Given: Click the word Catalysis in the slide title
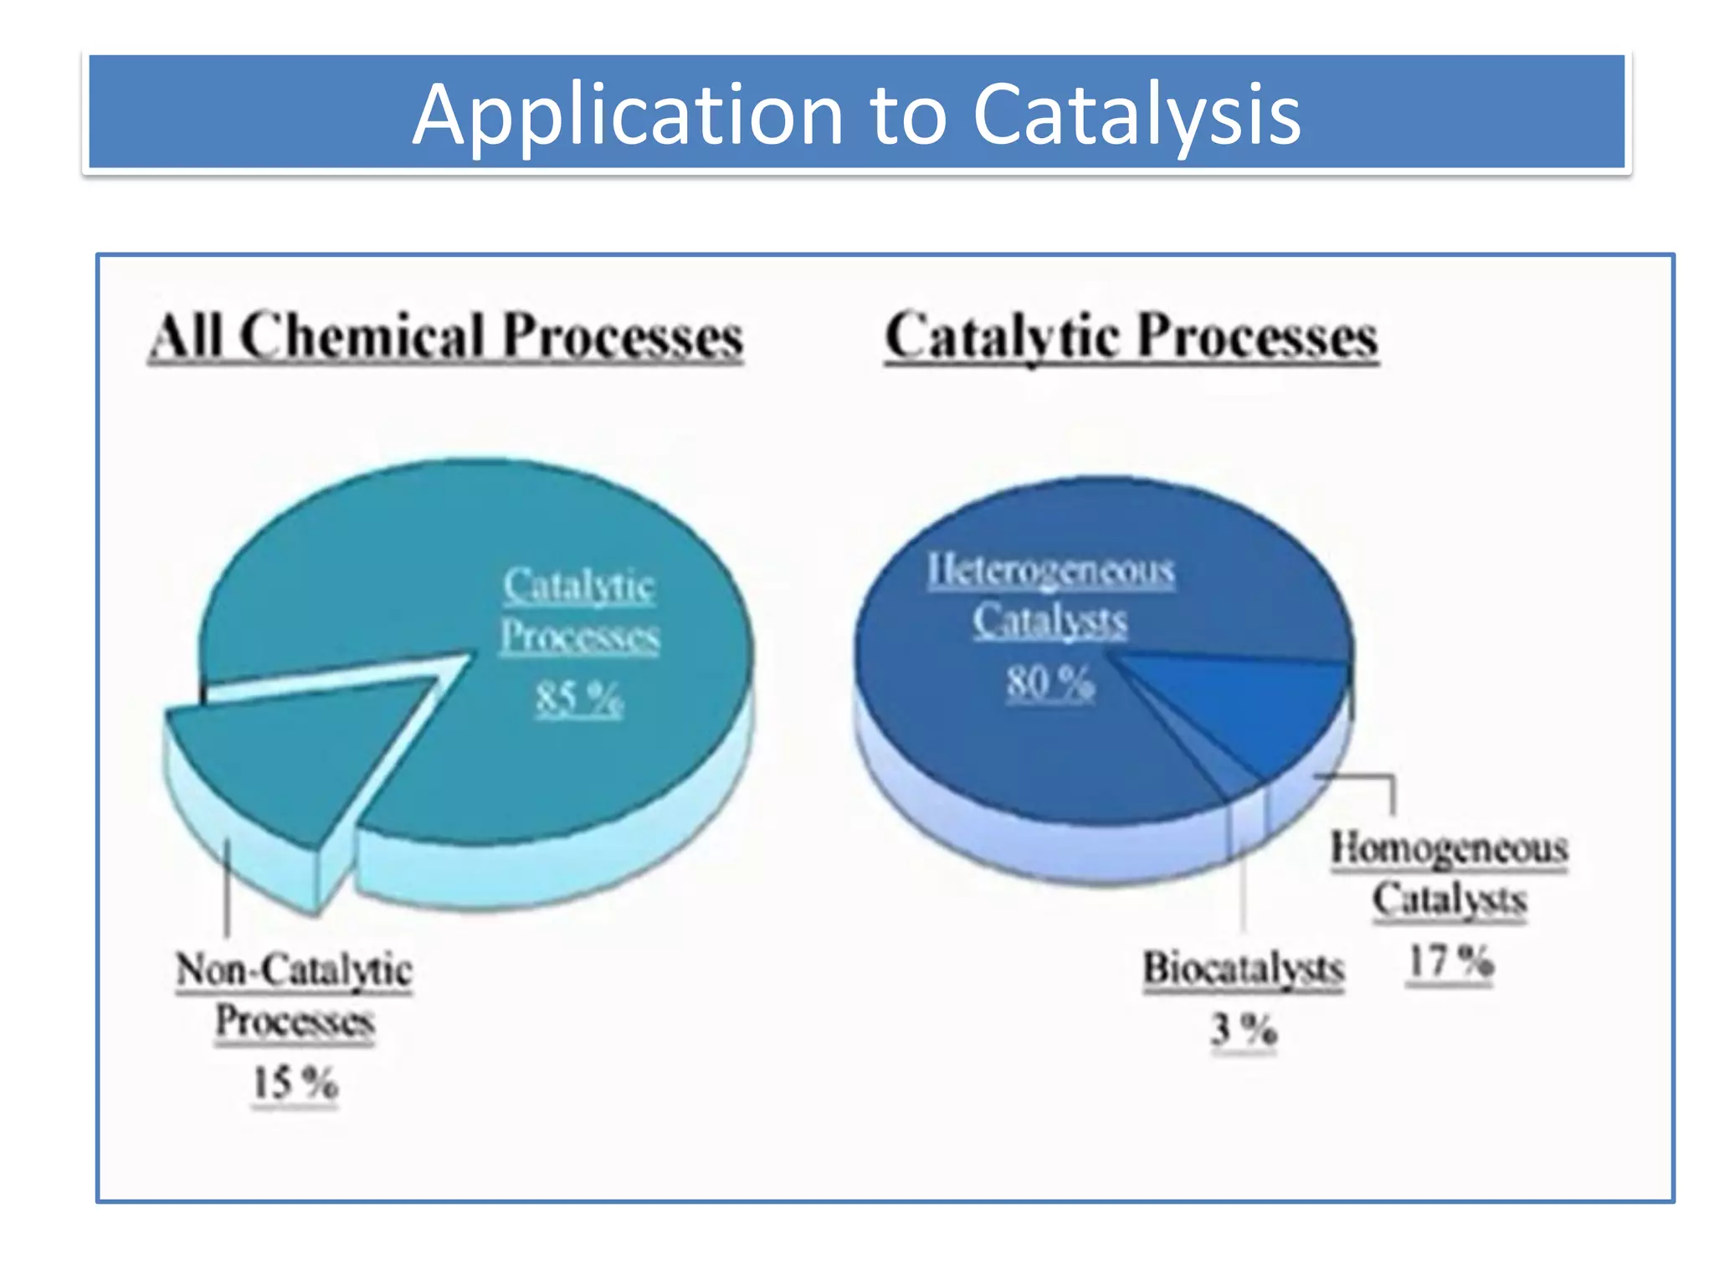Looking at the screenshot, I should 1136,115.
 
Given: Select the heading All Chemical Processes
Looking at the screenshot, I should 447,336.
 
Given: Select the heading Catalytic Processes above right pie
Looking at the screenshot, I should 1131,336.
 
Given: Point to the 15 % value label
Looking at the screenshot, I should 295,1083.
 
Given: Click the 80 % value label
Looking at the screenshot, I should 1049,682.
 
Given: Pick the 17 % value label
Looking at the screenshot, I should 1450,961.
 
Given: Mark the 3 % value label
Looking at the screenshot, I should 1244,1029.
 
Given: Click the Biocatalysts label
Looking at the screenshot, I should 1244,969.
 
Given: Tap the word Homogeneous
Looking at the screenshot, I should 1450,847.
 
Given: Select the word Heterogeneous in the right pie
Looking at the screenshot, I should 1050,571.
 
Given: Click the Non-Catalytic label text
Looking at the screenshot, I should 294,970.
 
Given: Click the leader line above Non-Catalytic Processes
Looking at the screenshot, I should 228,887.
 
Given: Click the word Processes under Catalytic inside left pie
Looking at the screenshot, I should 579,637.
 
